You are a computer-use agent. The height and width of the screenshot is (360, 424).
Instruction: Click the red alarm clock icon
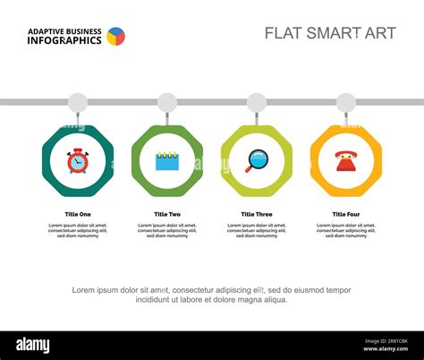(x=78, y=161)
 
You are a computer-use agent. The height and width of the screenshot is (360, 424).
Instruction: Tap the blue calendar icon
(x=167, y=161)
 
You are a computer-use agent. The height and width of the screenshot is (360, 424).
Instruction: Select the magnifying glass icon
(x=256, y=161)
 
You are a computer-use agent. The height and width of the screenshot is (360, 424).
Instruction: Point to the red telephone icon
(x=345, y=161)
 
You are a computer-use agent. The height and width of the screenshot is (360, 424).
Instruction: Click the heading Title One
(x=78, y=214)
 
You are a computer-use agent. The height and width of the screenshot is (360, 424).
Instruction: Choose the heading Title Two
(x=167, y=214)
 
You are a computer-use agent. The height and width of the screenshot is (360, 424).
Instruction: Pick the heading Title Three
(x=257, y=214)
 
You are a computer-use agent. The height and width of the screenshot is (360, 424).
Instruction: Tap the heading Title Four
(x=345, y=214)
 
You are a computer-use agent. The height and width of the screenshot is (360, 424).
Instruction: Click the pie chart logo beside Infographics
(x=115, y=37)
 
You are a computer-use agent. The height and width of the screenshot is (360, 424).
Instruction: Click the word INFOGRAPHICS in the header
(x=64, y=40)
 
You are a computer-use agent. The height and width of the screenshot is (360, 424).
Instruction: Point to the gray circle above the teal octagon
(x=78, y=102)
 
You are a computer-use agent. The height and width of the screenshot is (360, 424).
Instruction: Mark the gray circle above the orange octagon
(x=345, y=102)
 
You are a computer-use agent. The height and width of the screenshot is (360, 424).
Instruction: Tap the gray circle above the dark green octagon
(x=167, y=102)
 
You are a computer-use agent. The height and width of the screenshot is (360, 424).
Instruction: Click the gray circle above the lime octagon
(x=257, y=102)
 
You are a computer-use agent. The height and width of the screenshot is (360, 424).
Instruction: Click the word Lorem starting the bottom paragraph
(x=83, y=290)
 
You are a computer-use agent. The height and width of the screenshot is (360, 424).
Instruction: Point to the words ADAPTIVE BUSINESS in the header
(x=64, y=30)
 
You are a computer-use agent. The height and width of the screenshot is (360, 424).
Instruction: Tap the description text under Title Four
(x=345, y=231)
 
